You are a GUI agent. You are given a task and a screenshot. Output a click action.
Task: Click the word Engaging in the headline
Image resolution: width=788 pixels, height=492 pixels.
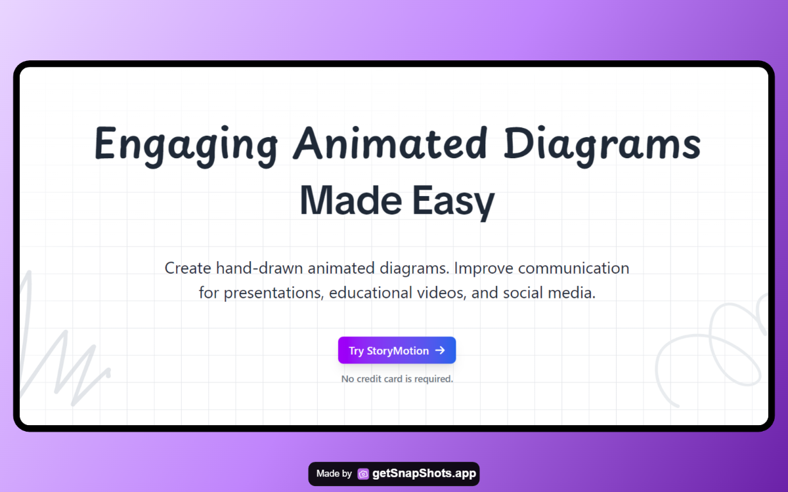tap(186, 146)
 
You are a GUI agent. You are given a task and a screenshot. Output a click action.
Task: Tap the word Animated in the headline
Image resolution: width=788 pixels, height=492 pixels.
tap(391, 143)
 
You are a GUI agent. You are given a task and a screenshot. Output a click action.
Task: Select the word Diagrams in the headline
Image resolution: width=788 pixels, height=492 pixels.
tap(602, 146)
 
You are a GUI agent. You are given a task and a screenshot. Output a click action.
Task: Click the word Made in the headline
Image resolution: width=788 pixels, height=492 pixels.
tap(351, 200)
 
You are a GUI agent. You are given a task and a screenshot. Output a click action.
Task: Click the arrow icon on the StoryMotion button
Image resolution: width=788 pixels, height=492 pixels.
tap(440, 350)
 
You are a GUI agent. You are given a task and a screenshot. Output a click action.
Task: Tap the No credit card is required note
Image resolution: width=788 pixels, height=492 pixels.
tap(397, 379)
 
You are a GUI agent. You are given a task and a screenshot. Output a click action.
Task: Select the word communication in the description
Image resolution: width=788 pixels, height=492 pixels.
tap(573, 268)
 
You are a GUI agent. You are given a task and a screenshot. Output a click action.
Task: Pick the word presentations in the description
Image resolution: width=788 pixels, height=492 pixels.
tap(274, 293)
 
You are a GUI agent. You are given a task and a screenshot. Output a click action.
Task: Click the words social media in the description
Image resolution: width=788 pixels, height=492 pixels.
tap(549, 293)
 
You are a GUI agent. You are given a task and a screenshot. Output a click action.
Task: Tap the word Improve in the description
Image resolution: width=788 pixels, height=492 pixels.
tap(483, 269)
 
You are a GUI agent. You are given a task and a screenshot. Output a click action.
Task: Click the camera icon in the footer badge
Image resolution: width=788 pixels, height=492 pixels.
tap(363, 474)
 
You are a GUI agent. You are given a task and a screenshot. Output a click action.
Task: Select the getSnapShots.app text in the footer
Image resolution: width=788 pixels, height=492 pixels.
tap(424, 474)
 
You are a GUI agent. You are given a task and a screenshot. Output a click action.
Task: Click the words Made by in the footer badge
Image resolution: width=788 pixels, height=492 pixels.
tap(334, 474)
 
